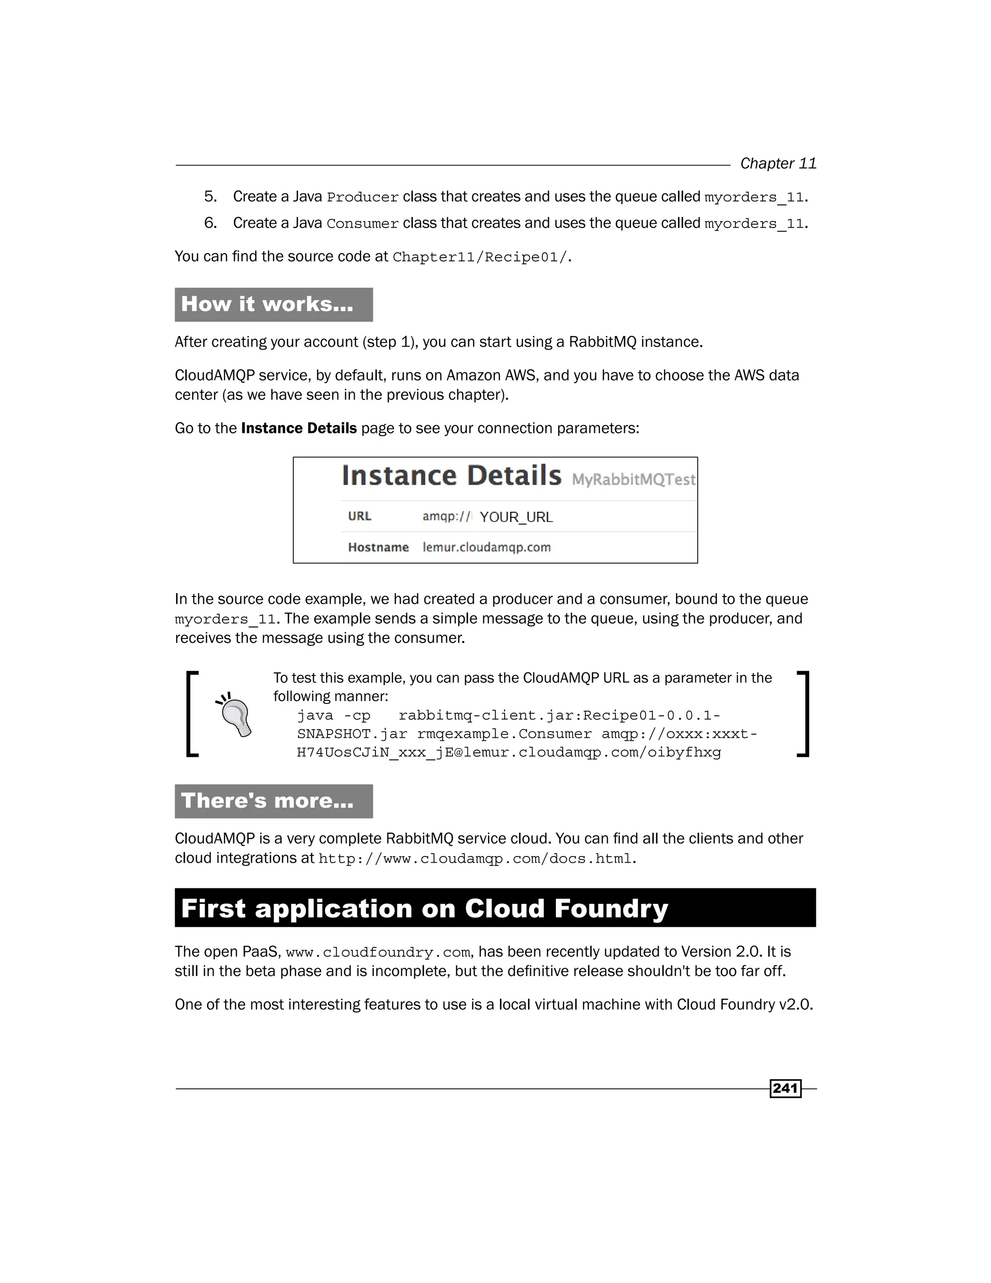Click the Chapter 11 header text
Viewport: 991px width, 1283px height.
[x=778, y=163]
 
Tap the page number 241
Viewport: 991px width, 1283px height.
[x=785, y=1088]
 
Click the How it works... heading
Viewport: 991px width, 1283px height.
[x=267, y=305]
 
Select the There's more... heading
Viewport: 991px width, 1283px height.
[x=267, y=801]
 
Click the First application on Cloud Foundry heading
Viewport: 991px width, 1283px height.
[x=424, y=908]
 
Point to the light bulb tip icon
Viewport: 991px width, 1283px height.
[x=236, y=714]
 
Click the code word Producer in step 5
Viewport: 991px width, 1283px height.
[x=362, y=197]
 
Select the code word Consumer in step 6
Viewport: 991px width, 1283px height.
[x=362, y=224]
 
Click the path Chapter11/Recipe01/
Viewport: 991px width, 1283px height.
[x=480, y=257]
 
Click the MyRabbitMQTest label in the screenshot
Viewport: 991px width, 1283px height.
[x=633, y=480]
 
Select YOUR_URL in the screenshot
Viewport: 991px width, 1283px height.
[x=516, y=517]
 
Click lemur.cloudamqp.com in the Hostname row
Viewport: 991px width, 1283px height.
[x=487, y=548]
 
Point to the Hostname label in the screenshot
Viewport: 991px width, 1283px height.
[x=378, y=548]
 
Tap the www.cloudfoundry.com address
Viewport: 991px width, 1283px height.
[x=377, y=952]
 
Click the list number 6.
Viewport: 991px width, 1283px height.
[x=210, y=223]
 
